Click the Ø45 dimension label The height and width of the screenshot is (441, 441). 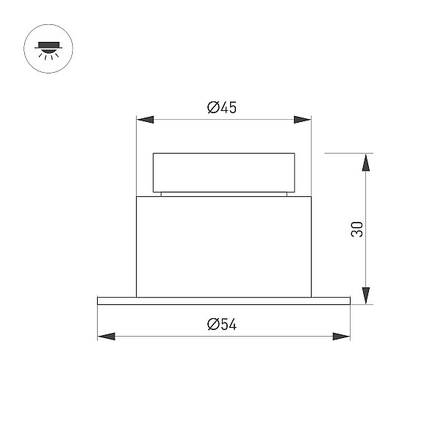(x=222, y=107)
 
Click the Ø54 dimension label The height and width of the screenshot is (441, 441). (x=222, y=324)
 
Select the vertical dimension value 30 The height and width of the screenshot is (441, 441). (x=357, y=229)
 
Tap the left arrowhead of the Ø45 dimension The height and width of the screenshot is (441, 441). (x=145, y=120)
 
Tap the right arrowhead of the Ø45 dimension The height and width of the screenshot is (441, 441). (x=302, y=120)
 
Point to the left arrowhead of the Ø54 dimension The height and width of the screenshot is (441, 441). (x=107, y=337)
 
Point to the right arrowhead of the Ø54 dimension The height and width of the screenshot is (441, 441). (x=342, y=337)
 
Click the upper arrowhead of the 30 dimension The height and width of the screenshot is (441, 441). (x=365, y=162)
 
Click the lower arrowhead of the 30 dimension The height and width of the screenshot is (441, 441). (x=365, y=296)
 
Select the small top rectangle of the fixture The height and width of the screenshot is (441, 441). (x=224, y=173)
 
